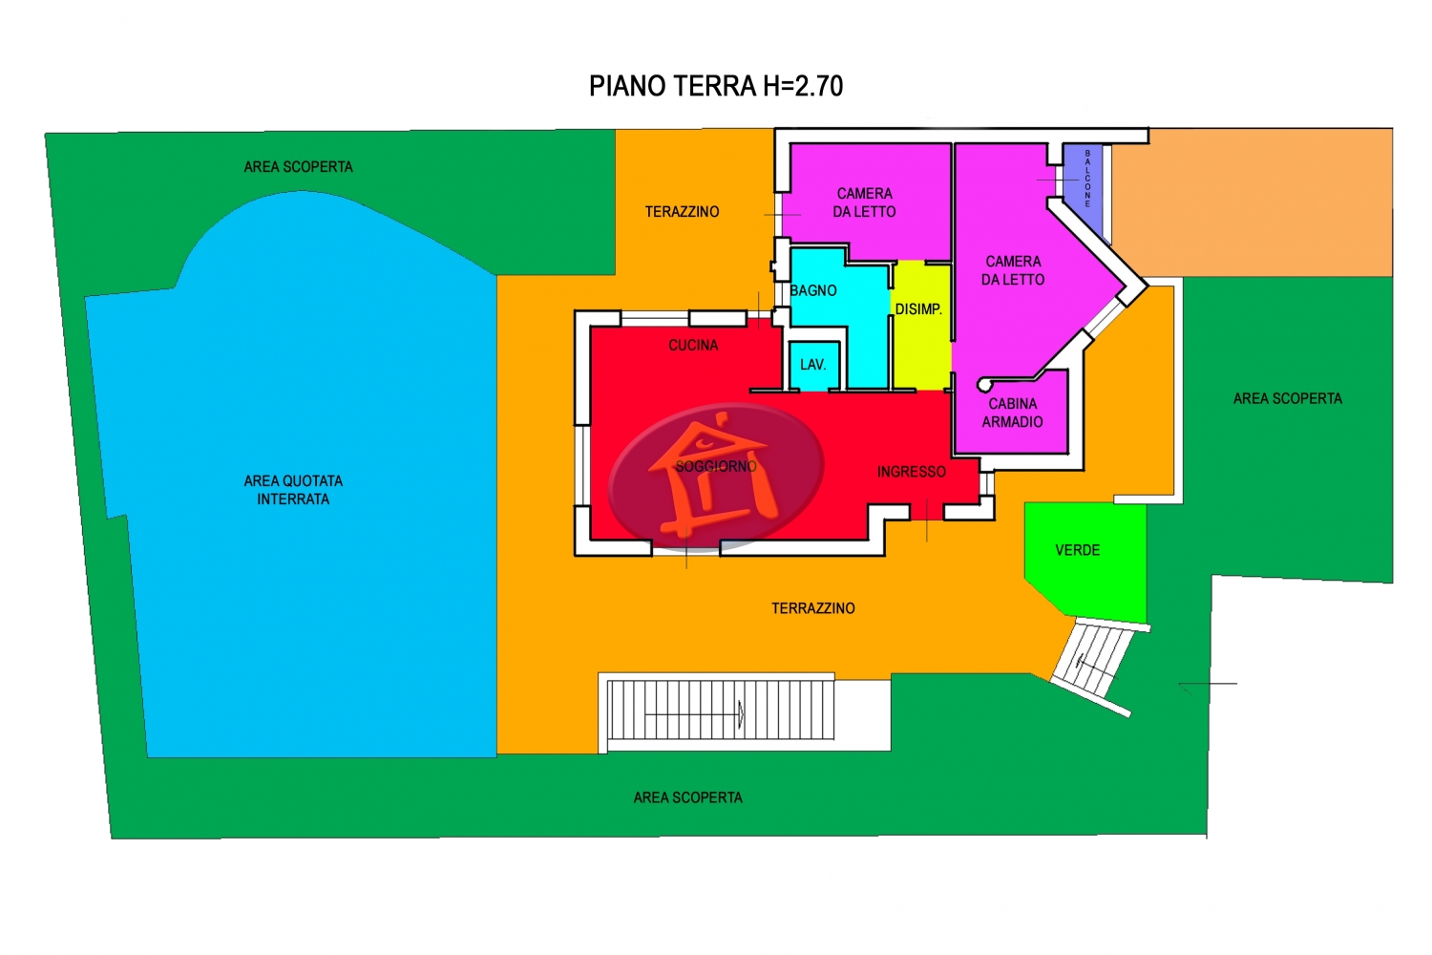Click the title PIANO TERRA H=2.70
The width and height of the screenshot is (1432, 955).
[x=715, y=86]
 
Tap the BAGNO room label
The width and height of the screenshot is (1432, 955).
[x=813, y=290]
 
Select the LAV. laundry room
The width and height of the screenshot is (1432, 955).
[x=813, y=365]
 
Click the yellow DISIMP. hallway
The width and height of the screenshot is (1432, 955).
[x=920, y=325]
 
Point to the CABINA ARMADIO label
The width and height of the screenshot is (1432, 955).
[x=1013, y=413]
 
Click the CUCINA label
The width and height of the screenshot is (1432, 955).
[x=693, y=346]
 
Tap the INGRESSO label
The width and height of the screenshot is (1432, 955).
[x=911, y=472]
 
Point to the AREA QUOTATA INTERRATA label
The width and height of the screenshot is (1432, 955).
[x=293, y=490]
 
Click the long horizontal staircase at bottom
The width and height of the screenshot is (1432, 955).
[x=721, y=710]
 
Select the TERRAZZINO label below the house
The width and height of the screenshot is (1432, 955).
[x=812, y=608]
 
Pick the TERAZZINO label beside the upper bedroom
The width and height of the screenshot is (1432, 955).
[x=682, y=212]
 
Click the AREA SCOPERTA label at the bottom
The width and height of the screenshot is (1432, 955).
[x=688, y=797]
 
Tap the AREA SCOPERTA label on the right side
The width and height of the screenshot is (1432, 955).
[x=1288, y=398]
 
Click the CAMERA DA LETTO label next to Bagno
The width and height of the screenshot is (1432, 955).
[x=864, y=202]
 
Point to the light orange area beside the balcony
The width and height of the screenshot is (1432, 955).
[x=1252, y=202]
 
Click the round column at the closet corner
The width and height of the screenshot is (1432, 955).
[x=984, y=385]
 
